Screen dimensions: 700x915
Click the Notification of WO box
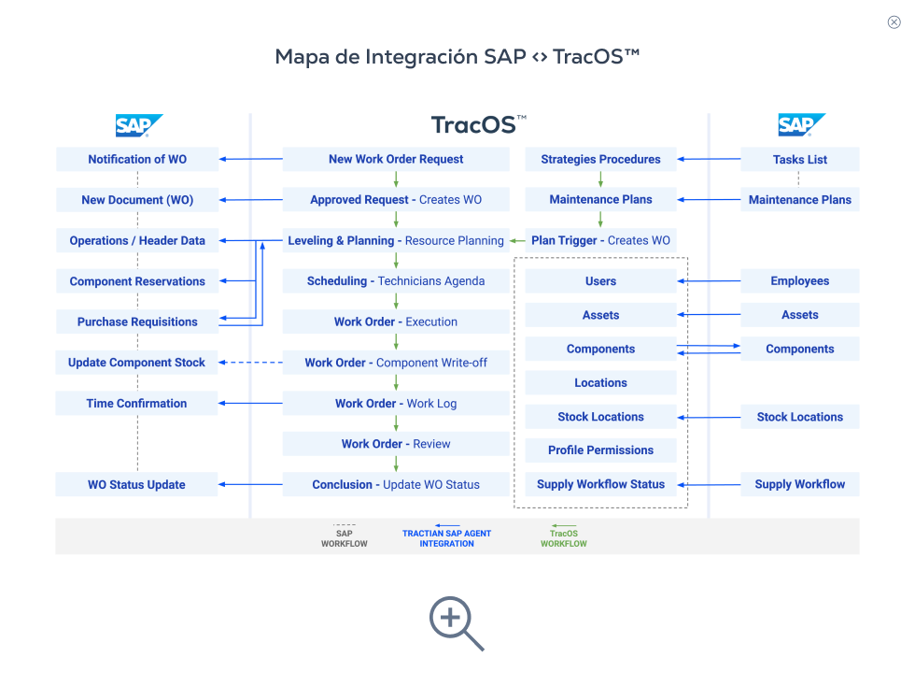coord(137,159)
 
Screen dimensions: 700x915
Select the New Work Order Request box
coord(396,159)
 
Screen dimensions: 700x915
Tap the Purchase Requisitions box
coord(137,321)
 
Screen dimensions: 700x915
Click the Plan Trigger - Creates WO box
coord(600,240)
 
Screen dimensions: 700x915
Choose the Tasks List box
coord(800,159)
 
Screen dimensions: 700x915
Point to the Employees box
coord(800,280)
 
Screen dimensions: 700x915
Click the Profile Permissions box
coord(600,450)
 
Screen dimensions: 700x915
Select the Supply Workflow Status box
coord(600,484)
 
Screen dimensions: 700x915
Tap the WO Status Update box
coord(137,484)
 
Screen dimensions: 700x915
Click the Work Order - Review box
coord(396,444)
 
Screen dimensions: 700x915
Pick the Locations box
coord(600,383)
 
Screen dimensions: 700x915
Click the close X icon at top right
coord(894,22)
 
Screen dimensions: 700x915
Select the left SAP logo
coord(138,125)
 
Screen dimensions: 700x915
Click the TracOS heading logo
coord(479,125)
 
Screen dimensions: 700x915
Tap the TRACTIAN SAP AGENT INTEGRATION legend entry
coord(446,537)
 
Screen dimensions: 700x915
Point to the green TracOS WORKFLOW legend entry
coord(564,537)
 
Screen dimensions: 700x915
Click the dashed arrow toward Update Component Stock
coord(251,363)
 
